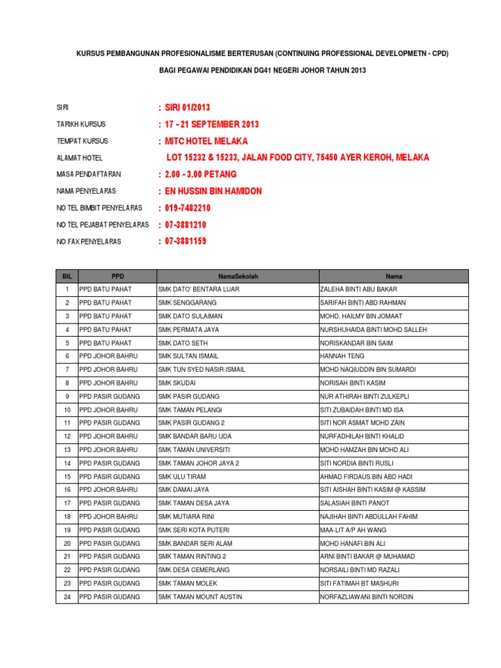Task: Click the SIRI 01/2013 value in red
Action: click(x=187, y=107)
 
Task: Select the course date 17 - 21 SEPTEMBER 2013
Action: click(x=211, y=124)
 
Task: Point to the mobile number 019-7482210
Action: click(x=188, y=208)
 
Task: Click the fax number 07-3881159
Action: click(x=186, y=241)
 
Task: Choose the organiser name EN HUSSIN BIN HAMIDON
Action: click(x=213, y=191)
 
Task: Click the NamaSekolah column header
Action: click(x=237, y=277)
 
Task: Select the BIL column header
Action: click(x=67, y=277)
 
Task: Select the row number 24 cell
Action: click(x=67, y=597)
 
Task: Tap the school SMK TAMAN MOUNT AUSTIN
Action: click(x=200, y=597)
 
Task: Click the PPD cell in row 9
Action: click(x=109, y=396)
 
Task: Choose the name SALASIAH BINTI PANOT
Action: click(x=355, y=503)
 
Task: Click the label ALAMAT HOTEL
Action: click(x=79, y=158)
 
